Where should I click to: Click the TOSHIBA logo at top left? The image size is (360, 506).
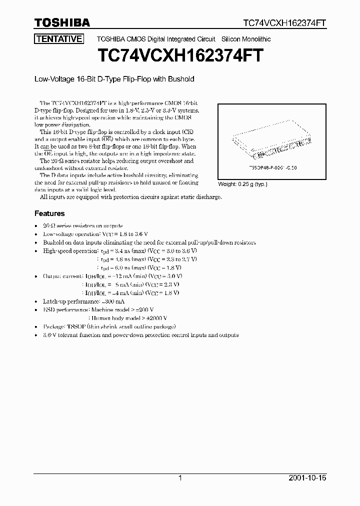(62, 22)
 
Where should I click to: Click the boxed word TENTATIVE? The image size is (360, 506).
(58, 39)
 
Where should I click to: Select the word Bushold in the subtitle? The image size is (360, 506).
(181, 79)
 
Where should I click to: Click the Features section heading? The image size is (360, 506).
(49, 213)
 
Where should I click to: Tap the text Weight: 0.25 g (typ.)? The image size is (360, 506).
(243, 184)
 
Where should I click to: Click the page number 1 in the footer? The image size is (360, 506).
(180, 478)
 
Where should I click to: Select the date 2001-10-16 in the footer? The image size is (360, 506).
(307, 478)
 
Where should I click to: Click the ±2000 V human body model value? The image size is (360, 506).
(155, 318)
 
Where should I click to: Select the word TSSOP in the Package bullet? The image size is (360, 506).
(74, 326)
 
